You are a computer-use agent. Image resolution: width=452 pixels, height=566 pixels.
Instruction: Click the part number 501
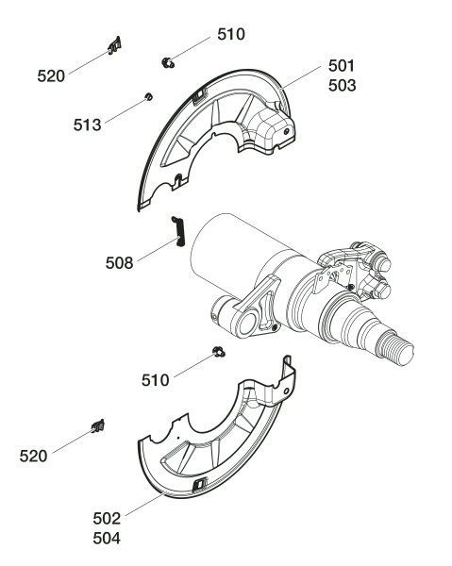[x=342, y=66]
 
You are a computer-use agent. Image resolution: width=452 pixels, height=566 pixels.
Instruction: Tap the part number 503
[x=342, y=86]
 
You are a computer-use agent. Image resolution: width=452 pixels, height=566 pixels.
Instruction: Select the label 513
[x=87, y=125]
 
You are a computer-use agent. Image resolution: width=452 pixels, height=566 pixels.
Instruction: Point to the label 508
[x=119, y=263]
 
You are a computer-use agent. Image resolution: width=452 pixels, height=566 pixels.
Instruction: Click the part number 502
[x=107, y=519]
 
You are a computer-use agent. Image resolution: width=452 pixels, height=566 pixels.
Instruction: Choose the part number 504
[x=107, y=539]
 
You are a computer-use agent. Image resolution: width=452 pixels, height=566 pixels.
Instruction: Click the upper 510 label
[x=231, y=34]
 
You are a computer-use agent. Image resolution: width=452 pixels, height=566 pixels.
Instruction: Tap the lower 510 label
[x=156, y=380]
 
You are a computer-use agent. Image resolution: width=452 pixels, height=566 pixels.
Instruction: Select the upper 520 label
[x=51, y=76]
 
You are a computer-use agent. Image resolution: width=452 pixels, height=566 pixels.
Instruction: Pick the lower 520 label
[x=33, y=457]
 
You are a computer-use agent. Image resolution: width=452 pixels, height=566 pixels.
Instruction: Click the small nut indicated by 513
[x=148, y=97]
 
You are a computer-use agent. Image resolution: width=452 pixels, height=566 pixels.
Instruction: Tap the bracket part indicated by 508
[x=178, y=231]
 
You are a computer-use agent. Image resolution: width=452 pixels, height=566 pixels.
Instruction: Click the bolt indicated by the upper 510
[x=168, y=62]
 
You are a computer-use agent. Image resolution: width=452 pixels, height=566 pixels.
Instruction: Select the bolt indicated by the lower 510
[x=218, y=352]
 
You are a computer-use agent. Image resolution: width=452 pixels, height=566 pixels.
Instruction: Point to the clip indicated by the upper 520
[x=114, y=45]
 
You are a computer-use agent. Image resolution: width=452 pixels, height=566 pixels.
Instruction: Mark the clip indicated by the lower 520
[x=98, y=426]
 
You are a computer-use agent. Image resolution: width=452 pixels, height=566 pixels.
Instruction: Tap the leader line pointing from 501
[x=301, y=77]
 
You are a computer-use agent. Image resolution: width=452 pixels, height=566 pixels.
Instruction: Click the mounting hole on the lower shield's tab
[x=286, y=391]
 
